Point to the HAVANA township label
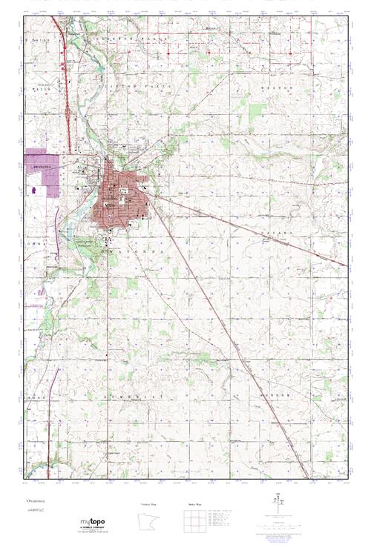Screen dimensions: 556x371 [279, 232]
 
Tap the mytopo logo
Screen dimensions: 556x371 [96, 523]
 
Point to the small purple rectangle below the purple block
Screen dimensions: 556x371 [33, 189]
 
